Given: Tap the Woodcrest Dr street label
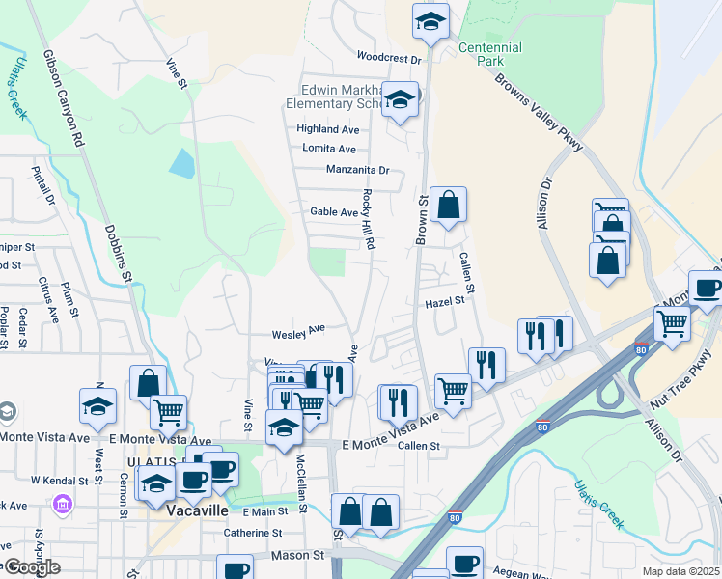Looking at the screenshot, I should (390, 58).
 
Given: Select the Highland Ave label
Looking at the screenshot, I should (328, 128).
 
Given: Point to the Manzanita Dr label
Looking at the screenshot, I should (357, 170).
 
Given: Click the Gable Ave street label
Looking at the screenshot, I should (334, 211).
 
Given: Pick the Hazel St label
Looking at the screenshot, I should (446, 301).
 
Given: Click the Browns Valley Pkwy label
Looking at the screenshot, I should (539, 112).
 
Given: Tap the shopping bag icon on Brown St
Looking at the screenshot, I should (448, 205).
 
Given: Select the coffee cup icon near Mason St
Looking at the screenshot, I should (235, 569).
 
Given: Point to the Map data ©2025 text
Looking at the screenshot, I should (681, 571).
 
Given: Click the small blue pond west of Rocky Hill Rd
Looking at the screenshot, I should (181, 162).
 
